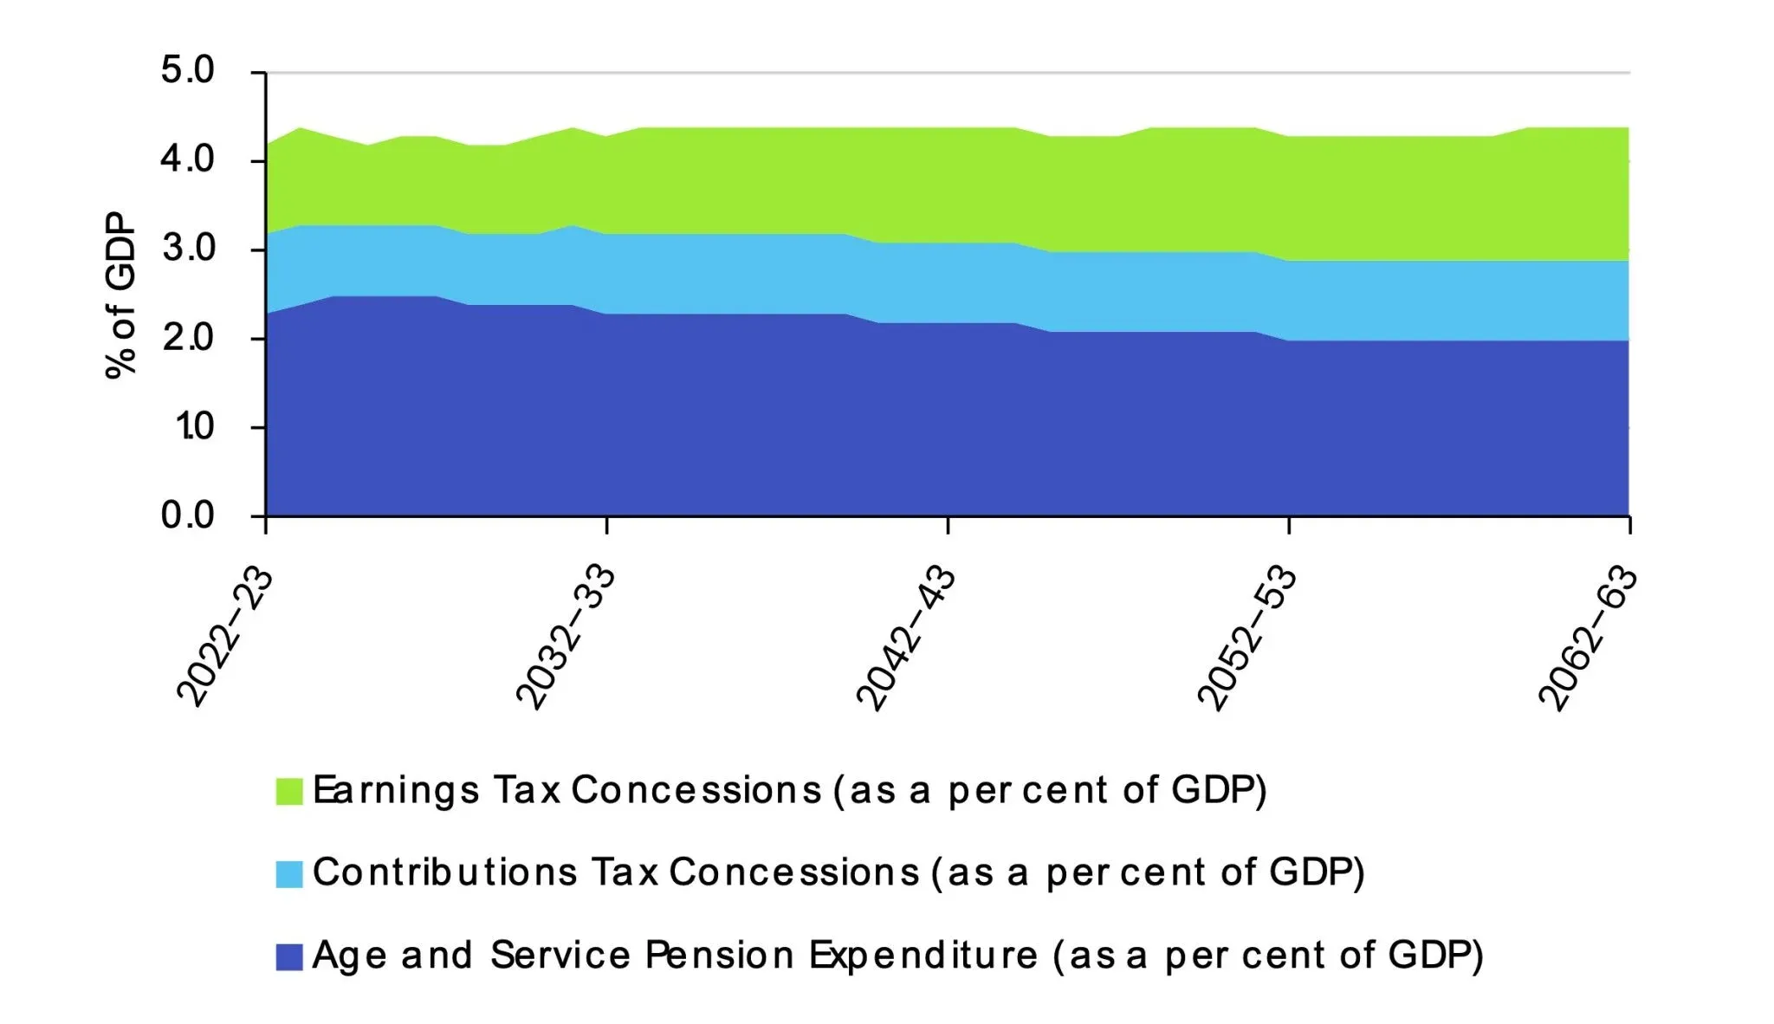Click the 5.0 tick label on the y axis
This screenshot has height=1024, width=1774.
(x=187, y=71)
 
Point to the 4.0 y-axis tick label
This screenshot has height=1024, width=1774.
(x=187, y=160)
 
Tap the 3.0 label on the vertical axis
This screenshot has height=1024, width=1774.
(x=187, y=250)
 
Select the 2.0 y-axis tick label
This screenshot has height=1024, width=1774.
(x=187, y=338)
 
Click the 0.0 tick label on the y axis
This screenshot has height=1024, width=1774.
(x=187, y=515)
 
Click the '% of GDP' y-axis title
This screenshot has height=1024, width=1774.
(x=121, y=295)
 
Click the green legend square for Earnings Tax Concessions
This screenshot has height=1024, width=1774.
(x=289, y=791)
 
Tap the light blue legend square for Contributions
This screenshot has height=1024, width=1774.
(x=289, y=873)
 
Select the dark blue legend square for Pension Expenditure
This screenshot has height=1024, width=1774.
(x=289, y=956)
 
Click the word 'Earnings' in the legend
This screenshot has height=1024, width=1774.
(x=395, y=791)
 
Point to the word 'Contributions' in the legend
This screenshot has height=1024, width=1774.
(x=444, y=872)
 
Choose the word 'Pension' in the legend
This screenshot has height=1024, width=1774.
(x=719, y=956)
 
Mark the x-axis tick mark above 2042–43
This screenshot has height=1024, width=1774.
(x=948, y=526)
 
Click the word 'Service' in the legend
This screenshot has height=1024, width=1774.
(x=560, y=956)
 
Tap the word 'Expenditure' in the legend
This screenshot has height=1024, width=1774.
(x=923, y=956)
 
